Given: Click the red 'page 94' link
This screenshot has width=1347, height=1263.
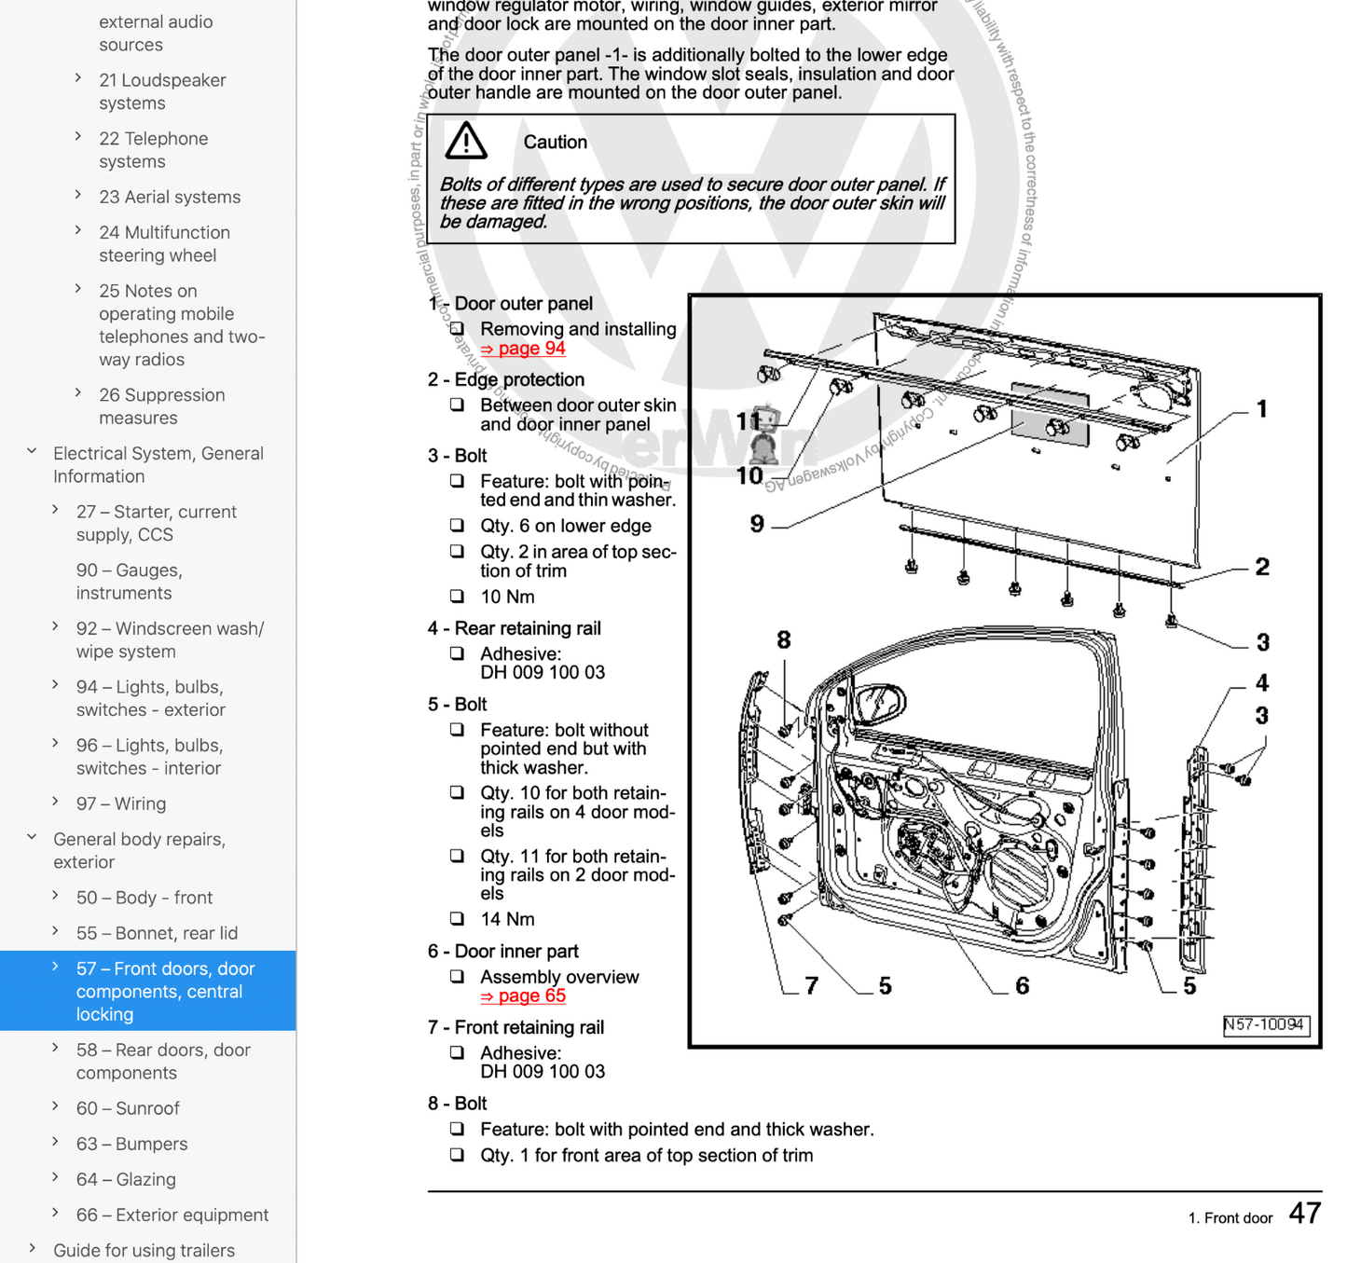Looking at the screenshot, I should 523,349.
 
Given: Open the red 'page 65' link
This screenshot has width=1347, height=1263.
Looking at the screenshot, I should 523,996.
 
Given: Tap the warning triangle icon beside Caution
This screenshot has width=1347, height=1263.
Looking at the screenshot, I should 466,141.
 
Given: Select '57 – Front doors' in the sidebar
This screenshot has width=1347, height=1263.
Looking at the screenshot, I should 165,991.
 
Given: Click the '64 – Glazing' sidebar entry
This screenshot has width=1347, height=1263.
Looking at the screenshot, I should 126,1179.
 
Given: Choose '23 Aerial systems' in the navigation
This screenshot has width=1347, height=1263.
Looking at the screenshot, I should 170,197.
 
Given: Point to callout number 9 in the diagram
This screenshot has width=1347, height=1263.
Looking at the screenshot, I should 757,525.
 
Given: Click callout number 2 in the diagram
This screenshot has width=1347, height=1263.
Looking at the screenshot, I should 1261,567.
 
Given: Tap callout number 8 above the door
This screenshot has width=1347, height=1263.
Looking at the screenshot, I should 783,639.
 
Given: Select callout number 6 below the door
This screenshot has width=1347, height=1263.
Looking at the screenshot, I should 1022,985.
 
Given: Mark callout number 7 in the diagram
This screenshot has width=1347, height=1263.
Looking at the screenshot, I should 811,985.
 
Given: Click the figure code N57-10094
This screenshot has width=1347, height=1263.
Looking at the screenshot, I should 1265,1024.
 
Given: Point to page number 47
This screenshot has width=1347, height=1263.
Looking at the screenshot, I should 1304,1213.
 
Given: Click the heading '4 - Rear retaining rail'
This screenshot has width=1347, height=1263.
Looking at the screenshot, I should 514,628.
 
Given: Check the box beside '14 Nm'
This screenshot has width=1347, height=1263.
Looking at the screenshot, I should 457,919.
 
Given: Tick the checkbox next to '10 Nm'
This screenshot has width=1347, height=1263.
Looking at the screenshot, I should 457,597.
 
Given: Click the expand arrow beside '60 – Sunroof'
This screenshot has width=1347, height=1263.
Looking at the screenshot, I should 56,1107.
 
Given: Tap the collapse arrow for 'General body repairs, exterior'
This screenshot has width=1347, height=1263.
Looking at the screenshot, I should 33,838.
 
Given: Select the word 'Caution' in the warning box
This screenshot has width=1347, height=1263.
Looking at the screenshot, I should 555,142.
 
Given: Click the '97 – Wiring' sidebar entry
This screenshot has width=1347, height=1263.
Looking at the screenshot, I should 121,803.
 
